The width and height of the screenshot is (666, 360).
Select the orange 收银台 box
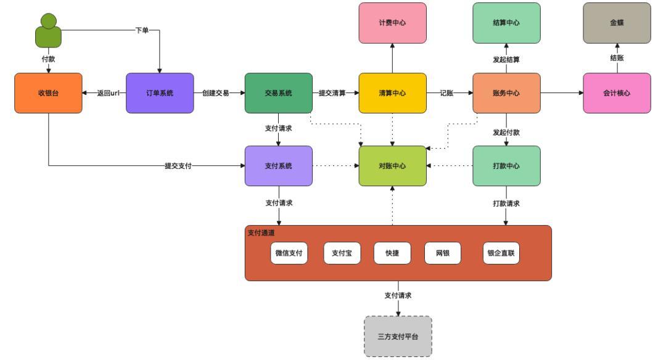[48, 93]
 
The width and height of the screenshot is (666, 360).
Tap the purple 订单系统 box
[160, 93]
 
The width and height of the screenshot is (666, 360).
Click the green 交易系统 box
[278, 93]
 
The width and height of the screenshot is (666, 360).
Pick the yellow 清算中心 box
[392, 93]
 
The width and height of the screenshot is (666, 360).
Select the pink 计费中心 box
[392, 23]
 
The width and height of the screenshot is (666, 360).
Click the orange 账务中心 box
[506, 93]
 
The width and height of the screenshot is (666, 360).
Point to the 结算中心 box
[506, 23]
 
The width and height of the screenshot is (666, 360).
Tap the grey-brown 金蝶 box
[617, 23]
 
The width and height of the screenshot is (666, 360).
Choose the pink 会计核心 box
[617, 93]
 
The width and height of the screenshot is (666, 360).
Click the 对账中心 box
[392, 166]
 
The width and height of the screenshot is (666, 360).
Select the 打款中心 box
[506, 166]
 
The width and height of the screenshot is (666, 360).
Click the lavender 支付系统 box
[278, 166]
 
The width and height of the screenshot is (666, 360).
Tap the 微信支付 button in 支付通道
[289, 253]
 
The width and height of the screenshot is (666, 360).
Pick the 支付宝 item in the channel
[342, 253]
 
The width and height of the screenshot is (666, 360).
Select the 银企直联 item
[501, 253]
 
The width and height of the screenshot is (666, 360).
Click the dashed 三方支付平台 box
[398, 337]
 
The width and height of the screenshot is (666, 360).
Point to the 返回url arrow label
[107, 93]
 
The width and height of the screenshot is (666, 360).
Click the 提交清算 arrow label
[332, 93]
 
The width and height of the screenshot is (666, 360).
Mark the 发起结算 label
[506, 60]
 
